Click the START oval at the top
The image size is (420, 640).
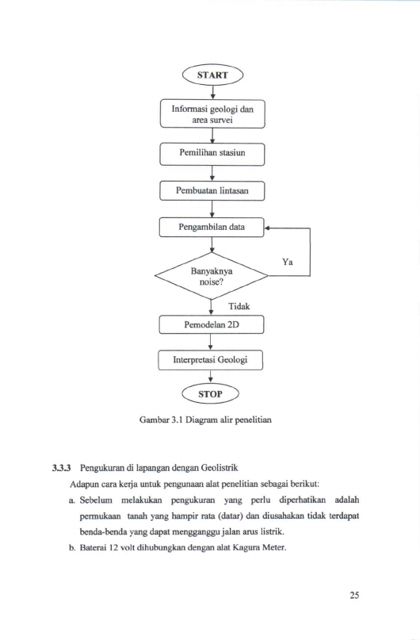pyautogui.click(x=212, y=75)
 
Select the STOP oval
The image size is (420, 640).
pyautogui.click(x=211, y=394)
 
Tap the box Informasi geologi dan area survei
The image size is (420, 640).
pyautogui.click(x=212, y=114)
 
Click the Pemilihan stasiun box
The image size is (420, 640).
pyautogui.click(x=212, y=154)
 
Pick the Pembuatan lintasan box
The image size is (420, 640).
pyautogui.click(x=212, y=191)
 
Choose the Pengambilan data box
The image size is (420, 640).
pyautogui.click(x=212, y=228)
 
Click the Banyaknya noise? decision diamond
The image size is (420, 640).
pyautogui.click(x=212, y=276)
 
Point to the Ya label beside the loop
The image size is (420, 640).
pyautogui.click(x=288, y=262)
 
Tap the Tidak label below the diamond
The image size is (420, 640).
pyautogui.click(x=239, y=306)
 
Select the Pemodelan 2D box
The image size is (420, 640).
pyautogui.click(x=212, y=325)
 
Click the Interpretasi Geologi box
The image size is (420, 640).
pyautogui.click(x=211, y=360)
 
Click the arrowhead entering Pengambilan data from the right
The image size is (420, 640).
pyautogui.click(x=267, y=228)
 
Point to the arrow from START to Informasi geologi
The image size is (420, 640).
pyautogui.click(x=212, y=92)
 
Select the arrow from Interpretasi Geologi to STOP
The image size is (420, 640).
pyautogui.click(x=211, y=377)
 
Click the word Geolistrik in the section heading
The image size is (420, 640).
pyautogui.click(x=222, y=467)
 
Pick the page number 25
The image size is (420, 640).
pyautogui.click(x=354, y=595)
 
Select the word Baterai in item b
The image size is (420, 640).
pyautogui.click(x=91, y=547)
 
